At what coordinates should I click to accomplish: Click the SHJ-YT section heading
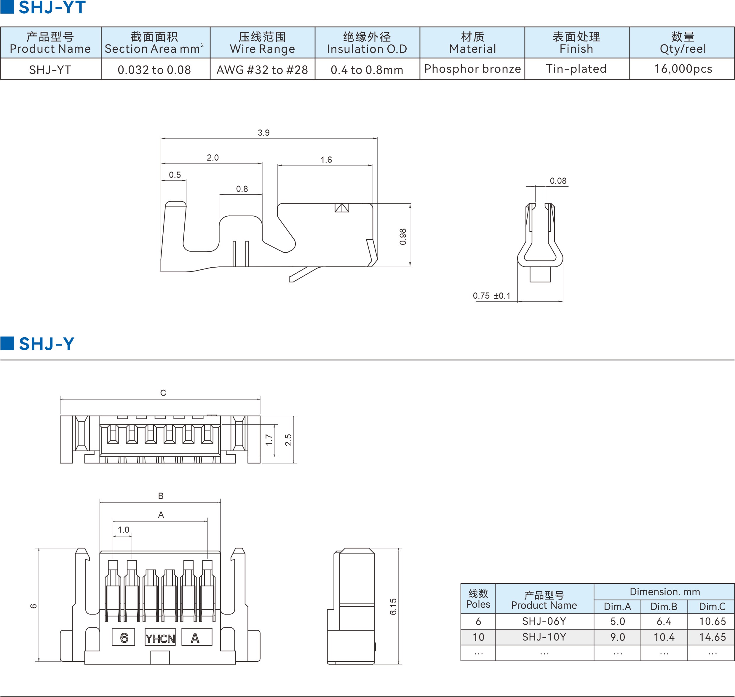[x=52, y=7]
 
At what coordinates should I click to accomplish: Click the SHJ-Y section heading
[x=47, y=344]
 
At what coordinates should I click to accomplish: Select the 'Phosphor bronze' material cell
[x=472, y=69]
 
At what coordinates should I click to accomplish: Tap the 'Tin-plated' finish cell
[x=576, y=69]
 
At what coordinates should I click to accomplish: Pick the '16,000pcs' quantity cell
[x=683, y=69]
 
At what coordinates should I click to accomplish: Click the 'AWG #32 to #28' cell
[x=262, y=70]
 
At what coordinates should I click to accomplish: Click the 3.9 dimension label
[x=263, y=133]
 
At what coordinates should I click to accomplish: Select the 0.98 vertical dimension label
[x=403, y=237]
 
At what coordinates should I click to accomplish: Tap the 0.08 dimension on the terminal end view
[x=558, y=181]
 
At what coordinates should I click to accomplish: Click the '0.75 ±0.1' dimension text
[x=492, y=296]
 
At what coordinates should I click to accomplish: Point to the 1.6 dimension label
[x=326, y=160]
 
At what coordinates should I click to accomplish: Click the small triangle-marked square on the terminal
[x=342, y=208]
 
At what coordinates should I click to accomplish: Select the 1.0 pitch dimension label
[x=123, y=530]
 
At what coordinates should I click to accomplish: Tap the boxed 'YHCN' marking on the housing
[x=160, y=639]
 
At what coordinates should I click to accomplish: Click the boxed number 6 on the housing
[x=124, y=638]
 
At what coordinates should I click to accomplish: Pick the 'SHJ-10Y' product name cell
[x=544, y=637]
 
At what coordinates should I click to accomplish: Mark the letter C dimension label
[x=163, y=393]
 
